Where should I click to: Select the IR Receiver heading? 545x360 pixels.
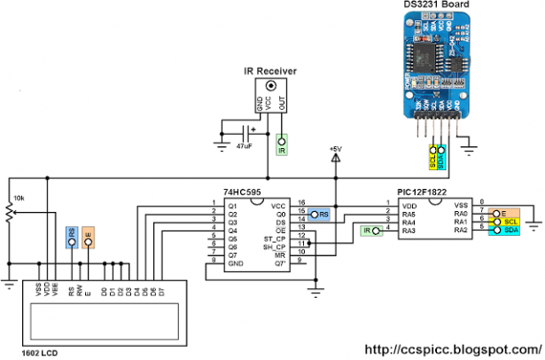270,70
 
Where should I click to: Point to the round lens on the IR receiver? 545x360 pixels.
271,86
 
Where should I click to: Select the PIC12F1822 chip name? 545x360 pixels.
422,193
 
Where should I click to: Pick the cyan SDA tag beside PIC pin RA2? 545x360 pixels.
510,231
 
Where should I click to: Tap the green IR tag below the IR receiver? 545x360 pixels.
281,149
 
